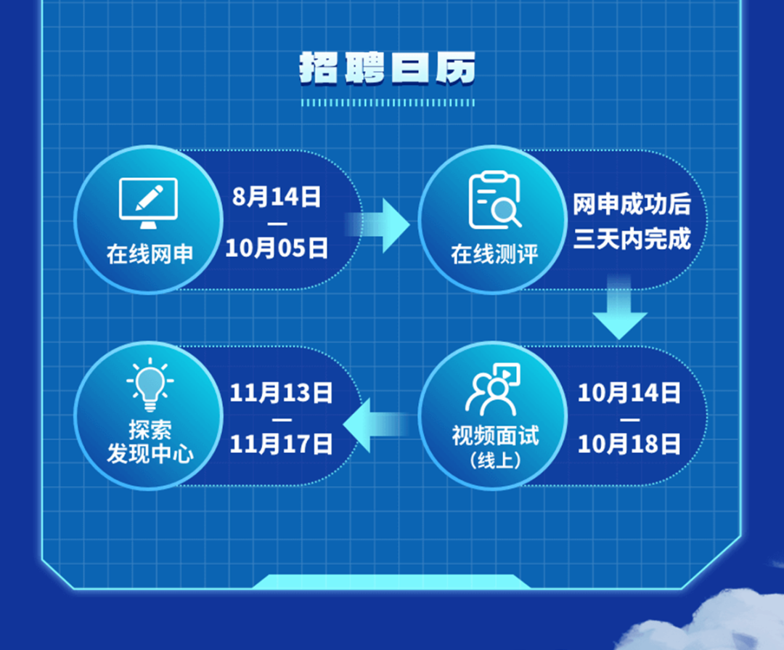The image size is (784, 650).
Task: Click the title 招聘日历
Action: pos(388,68)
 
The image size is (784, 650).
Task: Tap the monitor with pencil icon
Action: pos(149,203)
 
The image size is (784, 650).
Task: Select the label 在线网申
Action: pos(150,253)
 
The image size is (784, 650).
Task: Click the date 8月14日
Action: pos(277,197)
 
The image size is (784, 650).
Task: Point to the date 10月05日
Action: pos(277,248)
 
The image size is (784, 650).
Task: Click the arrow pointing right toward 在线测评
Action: pos(377,225)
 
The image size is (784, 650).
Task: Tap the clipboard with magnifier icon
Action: pos(494,200)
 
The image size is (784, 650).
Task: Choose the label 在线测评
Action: pos(494,253)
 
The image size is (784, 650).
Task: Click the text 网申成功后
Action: pos(632,204)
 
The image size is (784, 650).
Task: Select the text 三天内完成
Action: pos(632,239)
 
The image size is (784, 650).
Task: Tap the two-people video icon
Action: pos(494,389)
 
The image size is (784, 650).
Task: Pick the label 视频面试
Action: pos(496,435)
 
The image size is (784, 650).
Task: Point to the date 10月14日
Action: pos(629,393)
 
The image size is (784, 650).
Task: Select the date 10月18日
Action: pos(629,444)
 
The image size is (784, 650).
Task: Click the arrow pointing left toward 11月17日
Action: pos(376,426)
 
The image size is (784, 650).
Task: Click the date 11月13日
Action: pos(281,393)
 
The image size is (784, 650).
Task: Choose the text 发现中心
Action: pos(150,453)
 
